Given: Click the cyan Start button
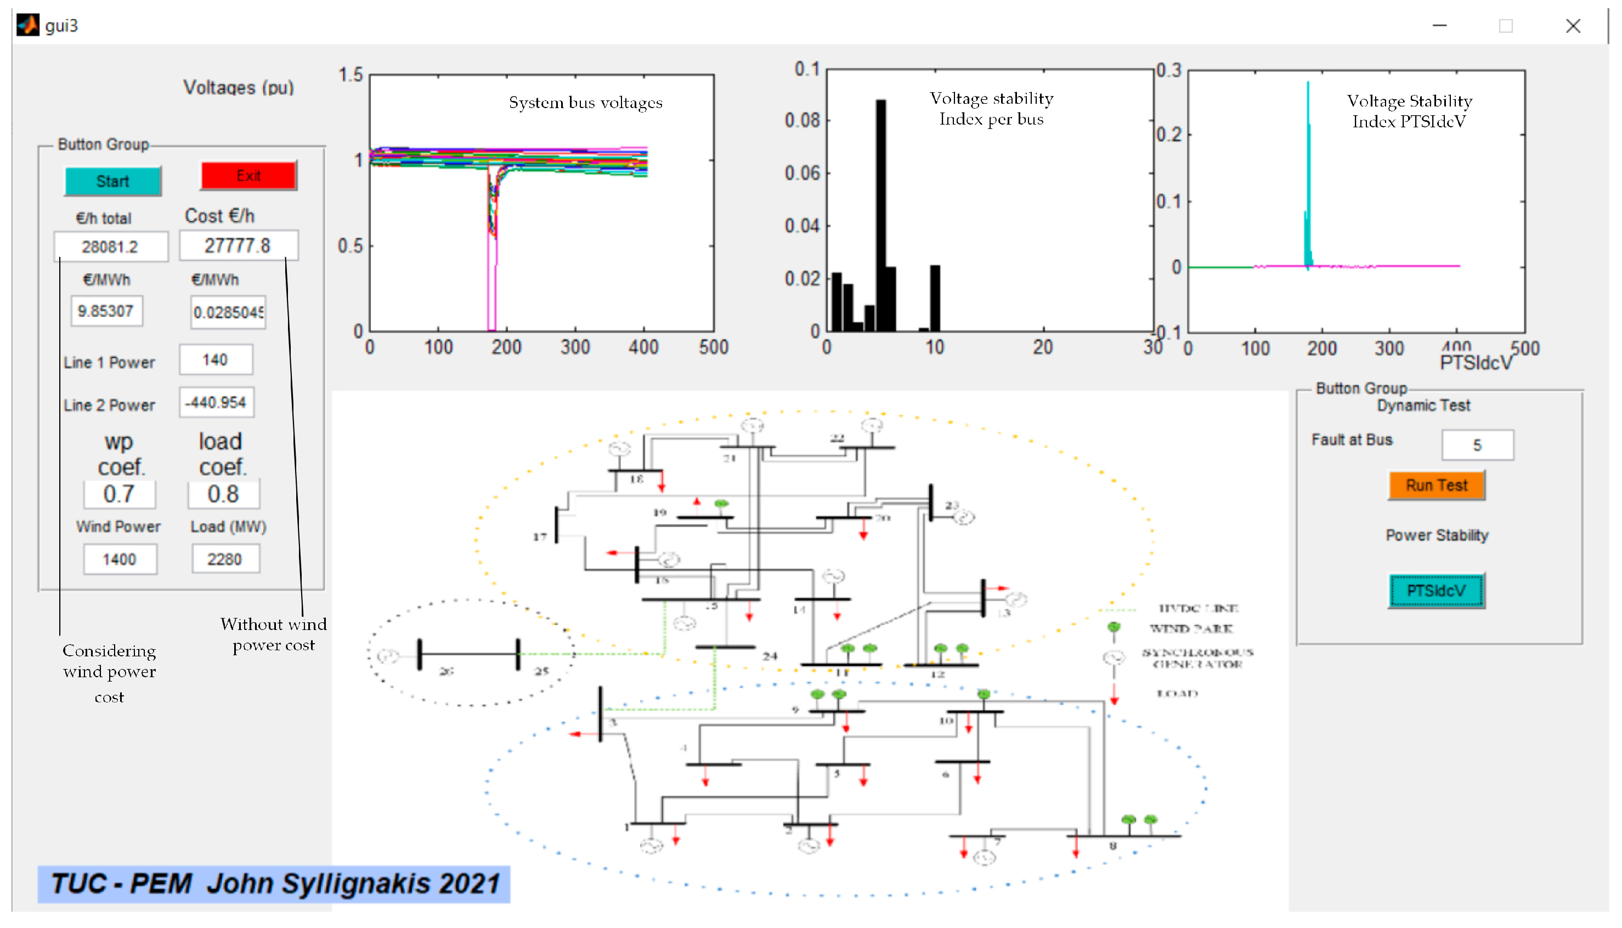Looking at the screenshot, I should click(x=113, y=182).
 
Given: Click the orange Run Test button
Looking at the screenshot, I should click(x=1436, y=486).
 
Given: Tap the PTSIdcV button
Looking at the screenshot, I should click(x=1436, y=591).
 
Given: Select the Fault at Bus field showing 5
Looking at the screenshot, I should click(x=1477, y=445).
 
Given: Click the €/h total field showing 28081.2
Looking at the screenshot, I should click(x=111, y=246).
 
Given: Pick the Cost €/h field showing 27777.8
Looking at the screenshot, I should click(x=238, y=245).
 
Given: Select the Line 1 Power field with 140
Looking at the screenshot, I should click(x=216, y=360).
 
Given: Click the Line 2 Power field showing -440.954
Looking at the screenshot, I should click(x=216, y=403).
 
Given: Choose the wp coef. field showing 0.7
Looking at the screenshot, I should click(x=119, y=494).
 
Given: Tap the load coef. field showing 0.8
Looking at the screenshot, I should click(x=223, y=494).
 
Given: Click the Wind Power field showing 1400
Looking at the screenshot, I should click(x=120, y=560).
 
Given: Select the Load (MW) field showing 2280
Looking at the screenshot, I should click(x=225, y=560).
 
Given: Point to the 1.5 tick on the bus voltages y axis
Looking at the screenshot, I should click(x=351, y=75).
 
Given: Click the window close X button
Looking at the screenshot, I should click(x=1573, y=26).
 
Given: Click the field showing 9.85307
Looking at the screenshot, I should click(x=106, y=311).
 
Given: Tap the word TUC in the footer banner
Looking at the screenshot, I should click(x=78, y=884).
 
